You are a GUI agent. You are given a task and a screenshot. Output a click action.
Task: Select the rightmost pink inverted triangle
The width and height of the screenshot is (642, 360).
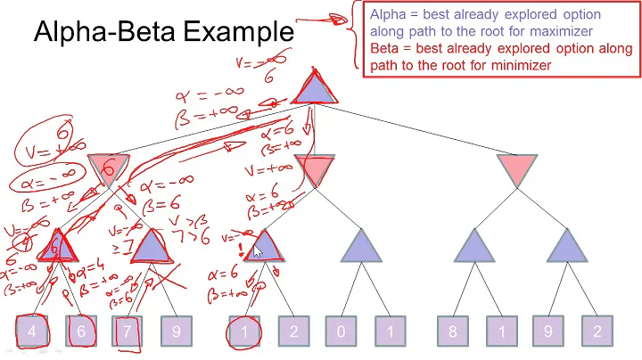click(x=518, y=168)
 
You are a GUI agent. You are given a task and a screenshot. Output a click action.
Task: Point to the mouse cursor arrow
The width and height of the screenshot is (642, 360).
click(x=258, y=253)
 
